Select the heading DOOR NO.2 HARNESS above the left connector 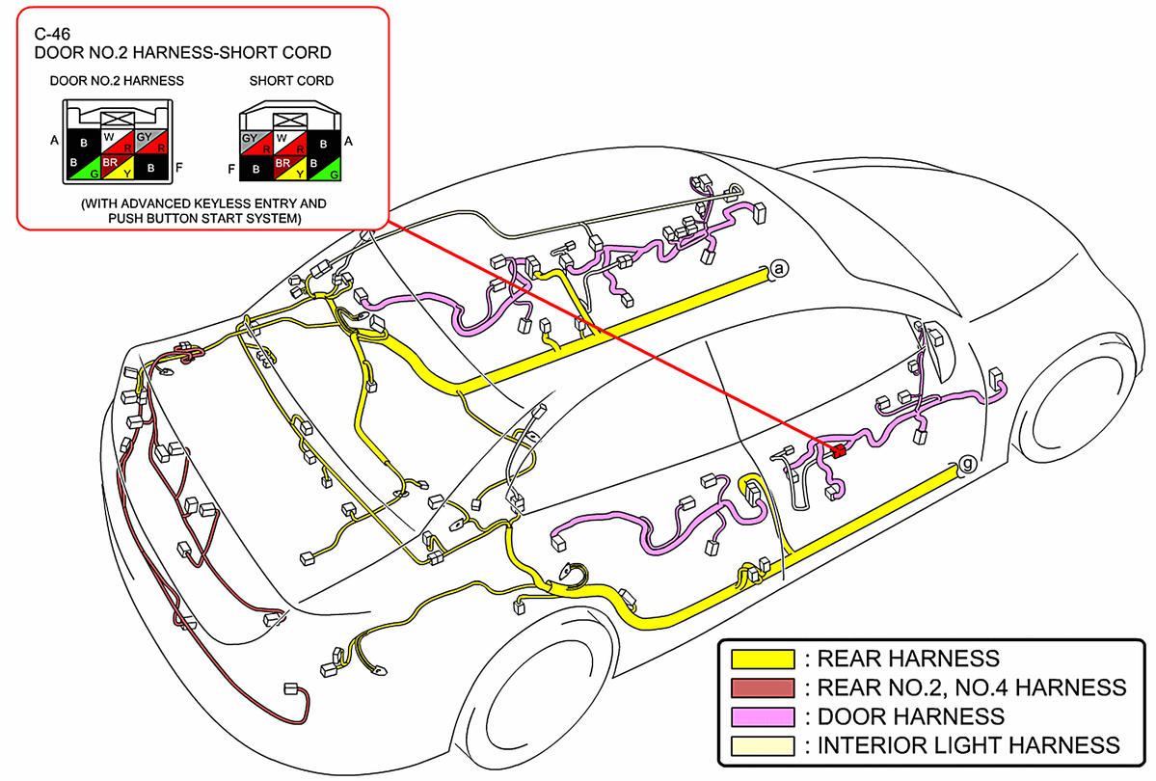pyautogui.click(x=117, y=81)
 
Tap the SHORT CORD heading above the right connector pyautogui.click(x=291, y=81)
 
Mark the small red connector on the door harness pyautogui.click(x=838, y=449)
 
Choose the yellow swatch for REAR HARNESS pyautogui.click(x=763, y=660)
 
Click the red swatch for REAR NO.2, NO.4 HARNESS pyautogui.click(x=763, y=687)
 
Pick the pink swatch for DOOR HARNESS pyautogui.click(x=763, y=716)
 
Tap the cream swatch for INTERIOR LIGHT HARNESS pyautogui.click(x=763, y=745)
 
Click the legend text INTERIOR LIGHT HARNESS pyautogui.click(x=968, y=745)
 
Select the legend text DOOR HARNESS pyautogui.click(x=910, y=716)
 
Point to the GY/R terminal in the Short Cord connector pyautogui.click(x=254, y=145)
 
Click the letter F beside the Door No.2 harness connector pyautogui.click(x=178, y=168)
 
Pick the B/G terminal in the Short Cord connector pyautogui.click(x=327, y=169)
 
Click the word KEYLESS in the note pyautogui.click(x=223, y=204)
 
